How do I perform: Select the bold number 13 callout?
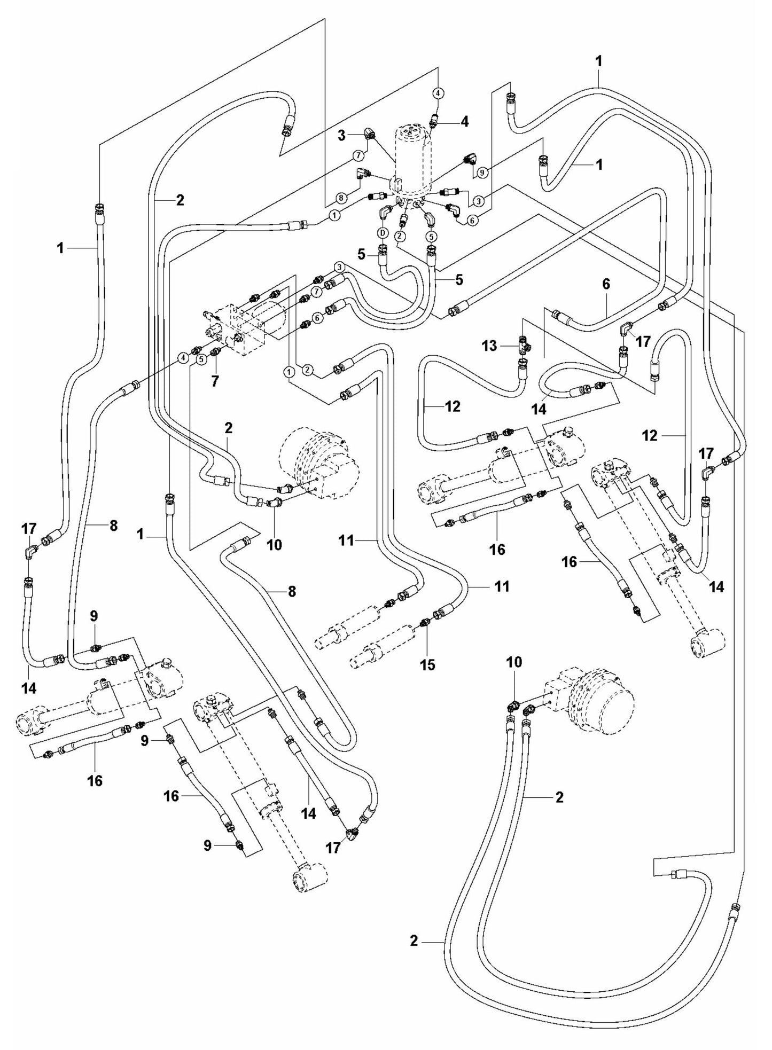click(489, 346)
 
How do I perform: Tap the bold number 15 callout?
click(427, 664)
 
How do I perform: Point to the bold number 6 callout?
click(606, 284)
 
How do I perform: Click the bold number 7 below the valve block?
click(215, 381)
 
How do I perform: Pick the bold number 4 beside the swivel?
click(464, 122)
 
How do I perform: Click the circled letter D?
click(383, 233)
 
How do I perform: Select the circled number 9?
click(482, 173)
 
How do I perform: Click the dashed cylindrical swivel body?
click(412, 160)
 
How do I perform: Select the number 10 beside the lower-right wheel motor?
click(514, 662)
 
